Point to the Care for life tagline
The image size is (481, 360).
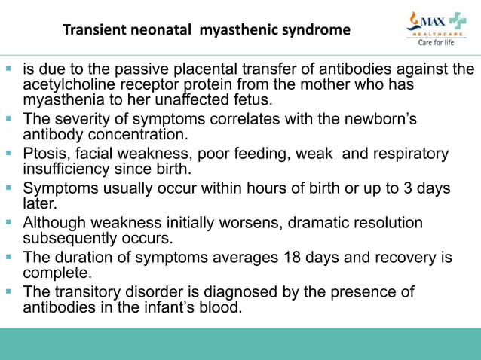(x=436, y=42)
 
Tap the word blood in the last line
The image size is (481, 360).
(x=221, y=307)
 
